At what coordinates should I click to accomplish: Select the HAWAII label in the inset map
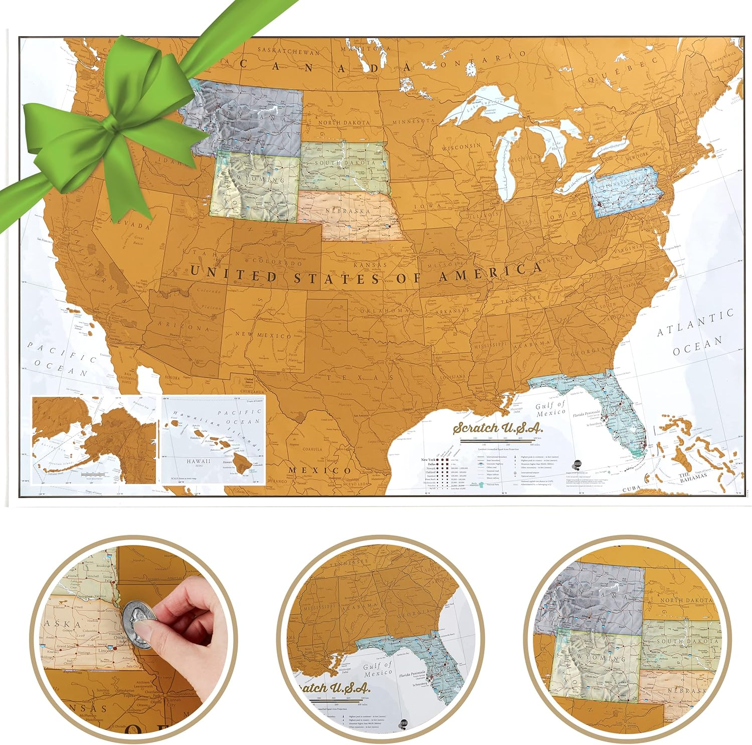(x=199, y=461)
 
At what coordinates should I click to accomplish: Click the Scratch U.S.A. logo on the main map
(x=497, y=427)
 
